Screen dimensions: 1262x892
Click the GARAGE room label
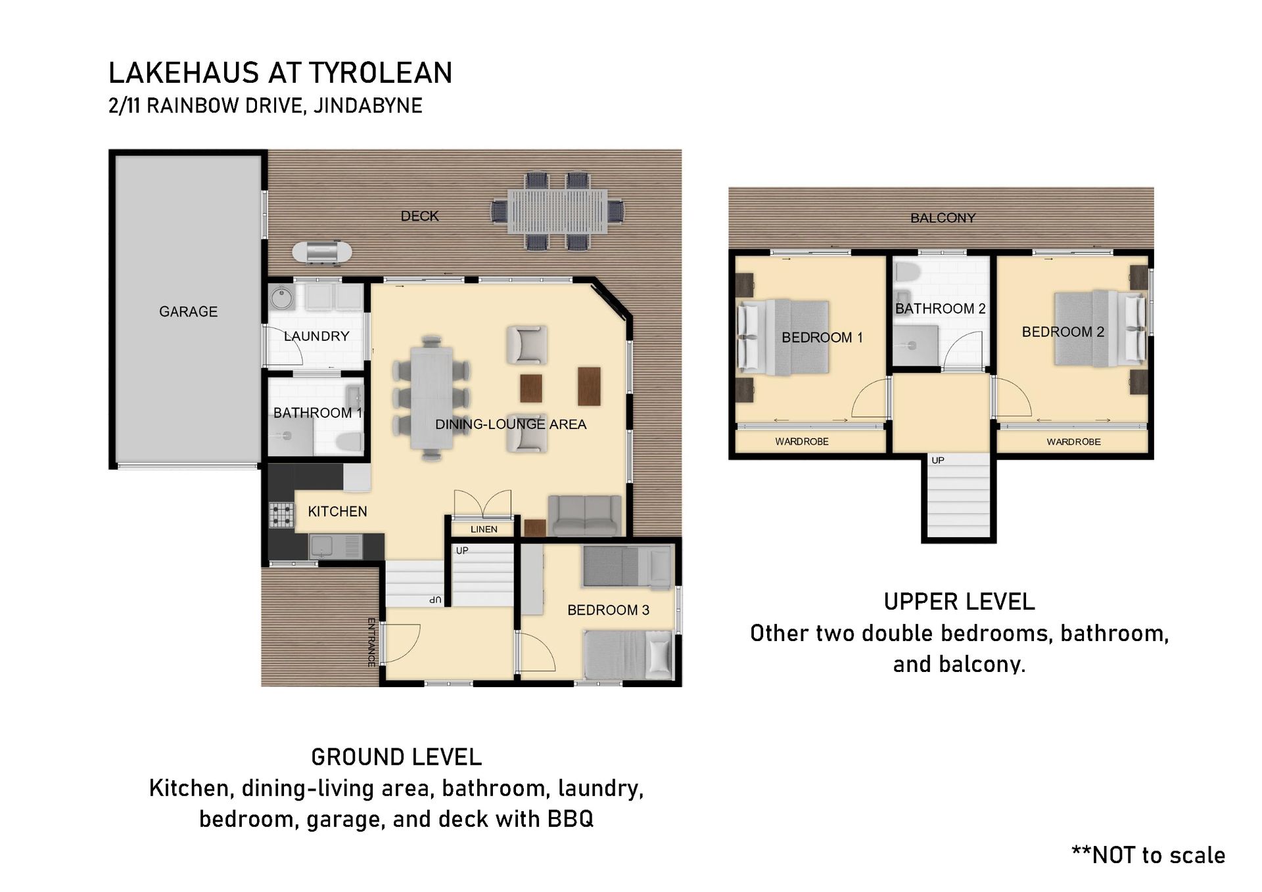tap(188, 311)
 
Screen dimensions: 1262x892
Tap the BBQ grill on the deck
tap(321, 252)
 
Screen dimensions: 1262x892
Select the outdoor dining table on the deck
tap(557, 212)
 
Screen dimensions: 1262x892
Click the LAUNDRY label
tap(316, 336)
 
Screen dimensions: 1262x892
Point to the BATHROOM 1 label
tap(317, 413)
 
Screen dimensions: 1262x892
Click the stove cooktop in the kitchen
tap(281, 515)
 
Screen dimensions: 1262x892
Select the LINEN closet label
tap(484, 529)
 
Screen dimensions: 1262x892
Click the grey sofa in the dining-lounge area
tap(584, 515)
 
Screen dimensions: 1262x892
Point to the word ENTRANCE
tap(371, 642)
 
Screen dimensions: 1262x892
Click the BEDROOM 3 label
tap(608, 610)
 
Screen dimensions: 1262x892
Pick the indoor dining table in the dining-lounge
tap(431, 398)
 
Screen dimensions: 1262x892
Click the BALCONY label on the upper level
tap(943, 218)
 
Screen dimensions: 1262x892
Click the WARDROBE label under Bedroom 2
tap(1073, 442)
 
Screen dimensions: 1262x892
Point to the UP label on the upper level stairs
tap(938, 460)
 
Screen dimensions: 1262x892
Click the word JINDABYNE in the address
tap(367, 105)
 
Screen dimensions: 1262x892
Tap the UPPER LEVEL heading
tap(959, 602)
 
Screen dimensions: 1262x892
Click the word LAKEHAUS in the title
tap(183, 73)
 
